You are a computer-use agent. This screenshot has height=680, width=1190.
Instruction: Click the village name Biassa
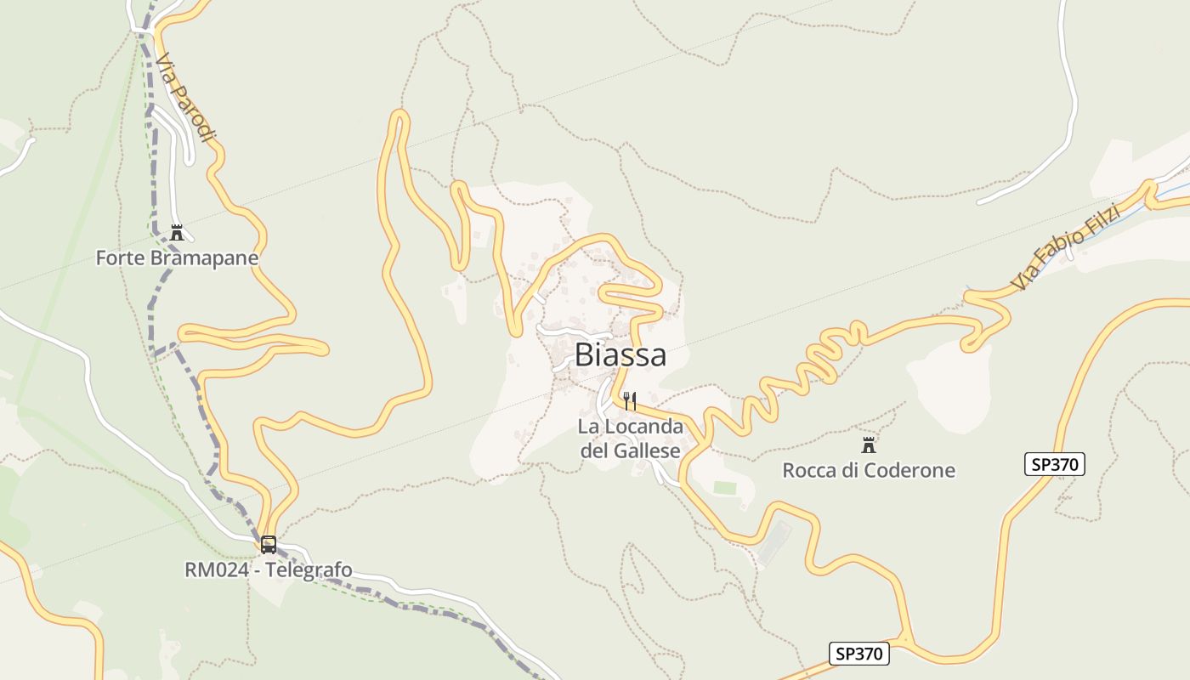click(620, 355)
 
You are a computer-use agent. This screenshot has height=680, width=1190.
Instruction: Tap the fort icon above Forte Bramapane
click(177, 232)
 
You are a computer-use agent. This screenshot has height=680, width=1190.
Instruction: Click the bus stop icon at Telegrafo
click(269, 545)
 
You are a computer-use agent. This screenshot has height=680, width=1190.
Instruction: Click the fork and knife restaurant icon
click(630, 400)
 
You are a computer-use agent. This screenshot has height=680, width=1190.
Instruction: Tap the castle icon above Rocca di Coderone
click(869, 445)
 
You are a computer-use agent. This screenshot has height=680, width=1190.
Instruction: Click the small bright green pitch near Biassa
click(724, 488)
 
